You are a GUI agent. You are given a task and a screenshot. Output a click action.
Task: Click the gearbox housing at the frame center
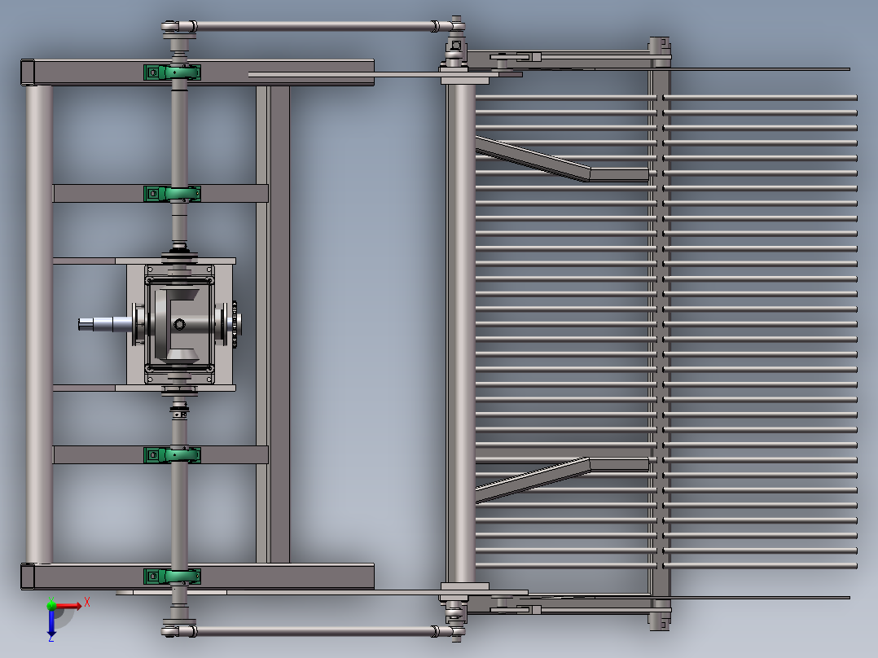(x=180, y=323)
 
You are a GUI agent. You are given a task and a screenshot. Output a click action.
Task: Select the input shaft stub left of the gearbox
(x=102, y=324)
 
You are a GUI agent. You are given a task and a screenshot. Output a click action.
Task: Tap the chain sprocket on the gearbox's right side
(x=234, y=322)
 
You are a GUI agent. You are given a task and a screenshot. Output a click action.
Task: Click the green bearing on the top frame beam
(x=172, y=72)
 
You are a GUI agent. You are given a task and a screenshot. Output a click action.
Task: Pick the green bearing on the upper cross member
(x=172, y=194)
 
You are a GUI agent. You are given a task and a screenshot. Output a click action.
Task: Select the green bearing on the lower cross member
(x=172, y=454)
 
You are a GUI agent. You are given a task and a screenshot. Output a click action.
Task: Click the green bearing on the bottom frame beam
(x=172, y=577)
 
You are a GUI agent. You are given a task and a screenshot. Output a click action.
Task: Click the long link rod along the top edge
(x=314, y=27)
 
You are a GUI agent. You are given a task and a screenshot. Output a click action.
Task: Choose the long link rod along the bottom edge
(x=314, y=631)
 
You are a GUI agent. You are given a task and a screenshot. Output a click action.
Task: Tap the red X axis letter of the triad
(x=87, y=602)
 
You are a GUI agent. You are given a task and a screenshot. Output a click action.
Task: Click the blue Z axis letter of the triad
(x=50, y=638)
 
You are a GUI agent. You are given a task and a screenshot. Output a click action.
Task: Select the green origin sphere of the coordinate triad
(x=51, y=606)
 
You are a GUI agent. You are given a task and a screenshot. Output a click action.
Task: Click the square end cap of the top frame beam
(x=28, y=72)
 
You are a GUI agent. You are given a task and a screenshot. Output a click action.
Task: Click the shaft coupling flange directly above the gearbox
(x=180, y=257)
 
